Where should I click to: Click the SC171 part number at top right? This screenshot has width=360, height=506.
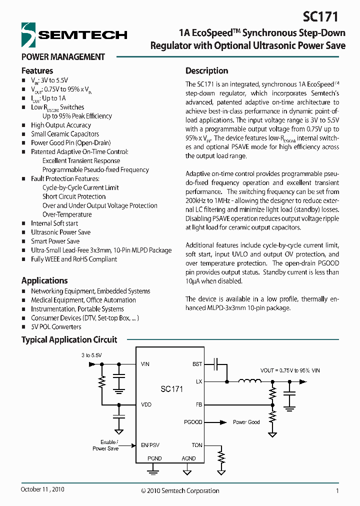(x=321, y=17)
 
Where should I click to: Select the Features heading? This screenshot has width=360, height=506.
(x=37, y=70)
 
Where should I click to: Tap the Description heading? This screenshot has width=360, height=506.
(x=206, y=70)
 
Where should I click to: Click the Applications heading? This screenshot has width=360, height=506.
(x=44, y=280)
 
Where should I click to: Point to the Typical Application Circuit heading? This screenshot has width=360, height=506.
(x=69, y=339)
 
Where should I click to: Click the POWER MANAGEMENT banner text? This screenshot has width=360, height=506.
(x=63, y=56)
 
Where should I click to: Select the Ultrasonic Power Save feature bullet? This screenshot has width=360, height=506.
(x=60, y=232)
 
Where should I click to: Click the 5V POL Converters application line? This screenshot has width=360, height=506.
(x=56, y=327)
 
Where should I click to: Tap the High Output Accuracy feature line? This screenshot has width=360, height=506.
(x=60, y=125)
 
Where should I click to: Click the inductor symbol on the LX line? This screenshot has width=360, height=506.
(x=249, y=381)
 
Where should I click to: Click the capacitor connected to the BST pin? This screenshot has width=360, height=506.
(x=216, y=364)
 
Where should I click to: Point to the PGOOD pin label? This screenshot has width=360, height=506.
(x=193, y=422)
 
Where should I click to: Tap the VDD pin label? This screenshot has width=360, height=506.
(x=146, y=404)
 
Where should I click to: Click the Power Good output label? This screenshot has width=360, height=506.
(x=246, y=422)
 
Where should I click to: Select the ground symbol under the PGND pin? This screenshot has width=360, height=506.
(x=154, y=469)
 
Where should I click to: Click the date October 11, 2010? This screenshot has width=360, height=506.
(x=42, y=489)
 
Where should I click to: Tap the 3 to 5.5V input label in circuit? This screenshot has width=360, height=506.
(x=91, y=355)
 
